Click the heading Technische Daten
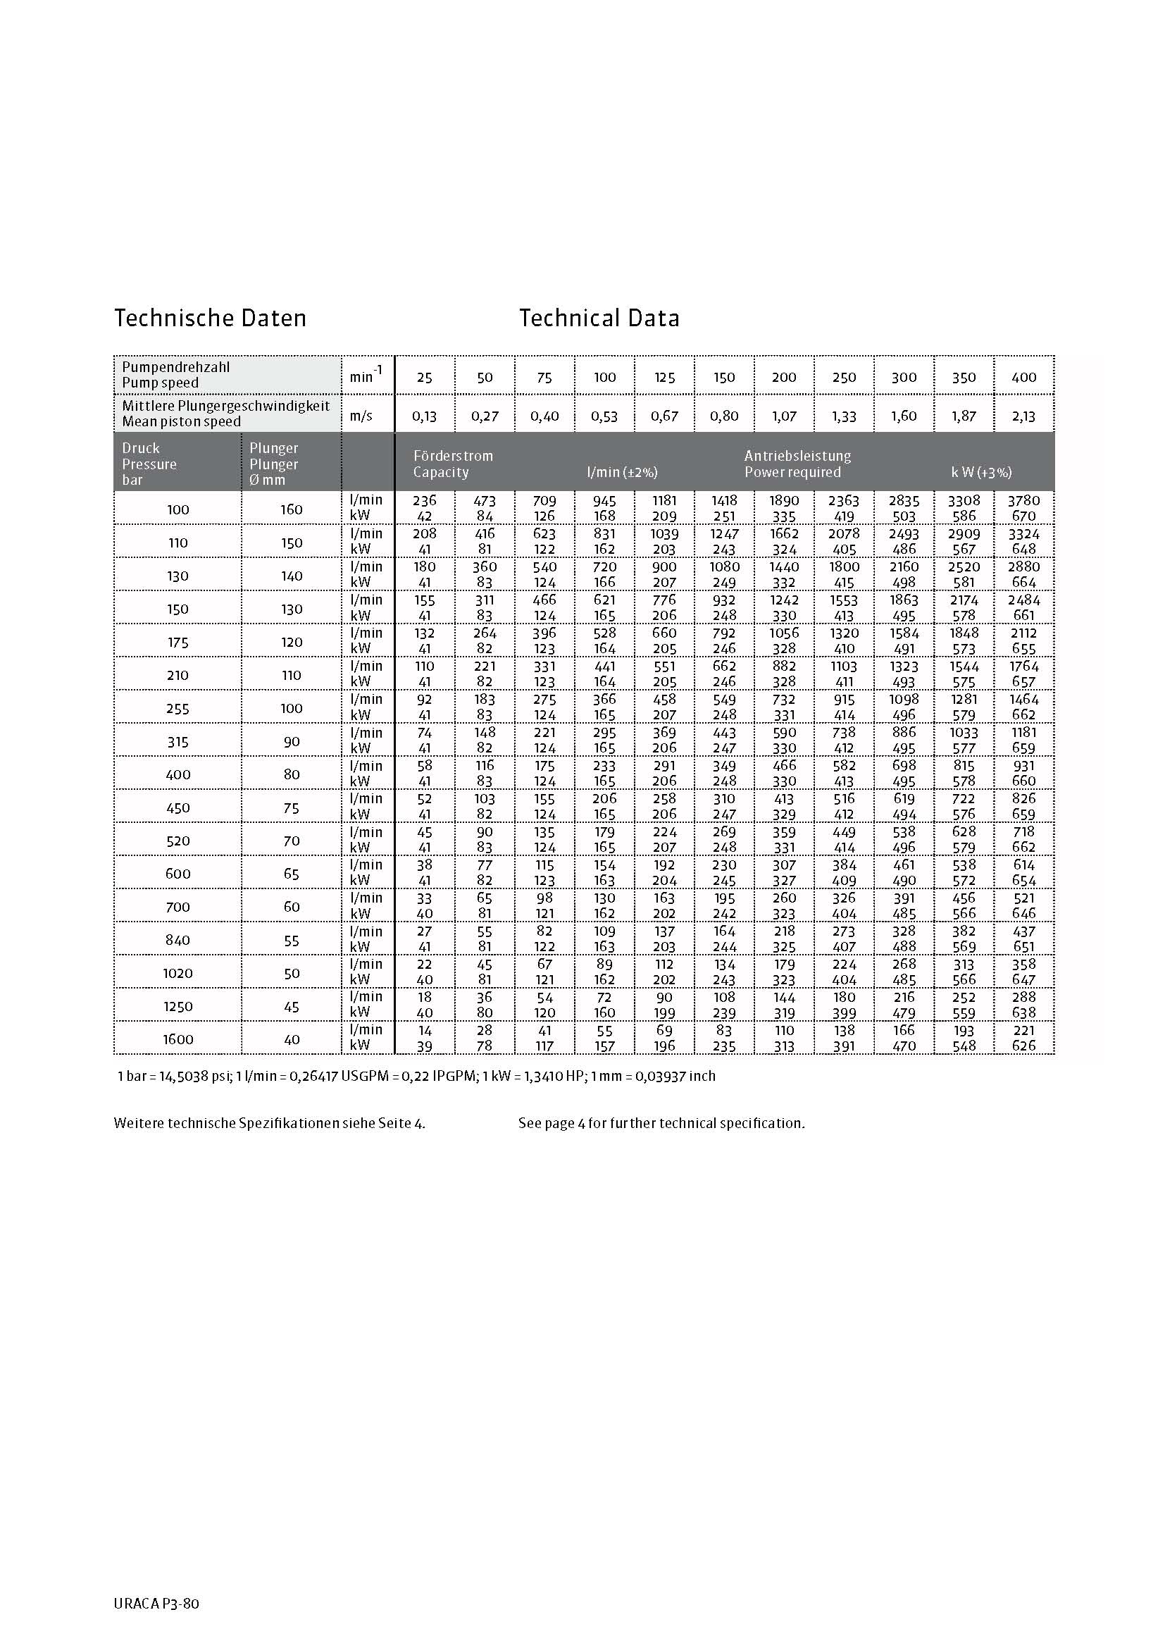(x=210, y=318)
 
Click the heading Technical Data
(x=599, y=318)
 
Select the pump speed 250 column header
(x=844, y=378)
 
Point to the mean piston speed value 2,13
(x=1023, y=416)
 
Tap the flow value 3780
(x=1023, y=500)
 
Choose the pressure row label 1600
(x=178, y=1039)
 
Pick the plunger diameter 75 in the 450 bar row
(x=292, y=807)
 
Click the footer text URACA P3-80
(x=156, y=1604)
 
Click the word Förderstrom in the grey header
(x=453, y=456)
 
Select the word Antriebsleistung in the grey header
(x=797, y=456)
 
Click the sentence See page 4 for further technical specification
(x=661, y=1123)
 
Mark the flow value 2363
(x=844, y=500)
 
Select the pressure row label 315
(x=178, y=741)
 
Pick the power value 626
(x=1023, y=1046)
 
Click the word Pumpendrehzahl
(x=176, y=367)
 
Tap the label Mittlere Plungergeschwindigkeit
(x=226, y=406)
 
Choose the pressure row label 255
(x=178, y=708)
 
